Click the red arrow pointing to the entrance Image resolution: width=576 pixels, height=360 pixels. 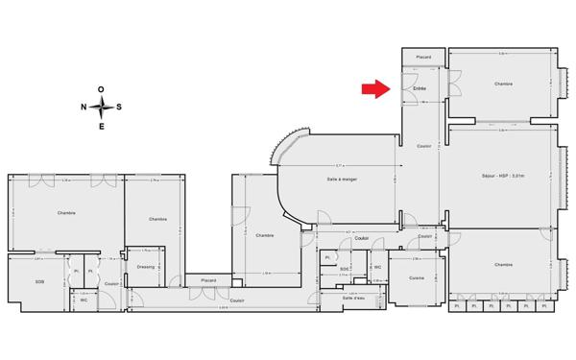click(x=373, y=90)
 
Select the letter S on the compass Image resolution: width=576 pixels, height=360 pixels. click(x=119, y=107)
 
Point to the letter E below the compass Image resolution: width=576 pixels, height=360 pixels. click(x=102, y=126)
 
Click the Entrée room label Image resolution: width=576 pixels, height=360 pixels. click(x=419, y=89)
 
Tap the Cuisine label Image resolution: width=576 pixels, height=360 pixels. click(x=416, y=277)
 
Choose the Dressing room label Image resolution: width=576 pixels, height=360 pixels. click(x=146, y=266)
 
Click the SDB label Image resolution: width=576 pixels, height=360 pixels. click(x=39, y=281)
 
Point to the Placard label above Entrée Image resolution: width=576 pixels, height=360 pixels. click(x=423, y=58)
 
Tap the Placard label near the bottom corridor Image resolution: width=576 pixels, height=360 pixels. click(x=208, y=280)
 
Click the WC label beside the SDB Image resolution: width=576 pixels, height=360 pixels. click(x=84, y=300)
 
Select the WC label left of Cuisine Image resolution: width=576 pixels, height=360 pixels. click(x=377, y=267)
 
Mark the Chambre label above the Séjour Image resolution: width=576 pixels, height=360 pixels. click(x=503, y=84)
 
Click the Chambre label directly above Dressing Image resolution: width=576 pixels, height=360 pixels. click(x=158, y=220)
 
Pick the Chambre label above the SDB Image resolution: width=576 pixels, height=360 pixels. click(x=66, y=213)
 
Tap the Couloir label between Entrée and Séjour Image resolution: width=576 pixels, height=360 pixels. click(x=423, y=145)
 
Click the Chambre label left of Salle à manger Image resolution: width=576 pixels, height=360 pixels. click(x=265, y=235)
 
